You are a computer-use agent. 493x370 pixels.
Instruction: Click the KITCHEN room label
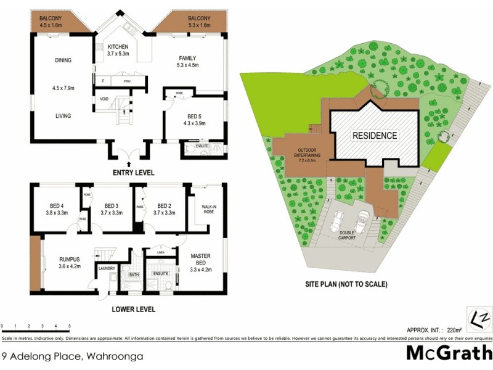pos(118,47)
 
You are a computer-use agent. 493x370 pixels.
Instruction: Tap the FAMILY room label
pos(187,58)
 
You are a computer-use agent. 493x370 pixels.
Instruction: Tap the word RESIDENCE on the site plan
pos(375,135)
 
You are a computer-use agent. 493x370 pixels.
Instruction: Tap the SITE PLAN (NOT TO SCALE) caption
pos(346,285)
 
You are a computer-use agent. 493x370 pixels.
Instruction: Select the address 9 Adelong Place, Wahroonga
pos(72,356)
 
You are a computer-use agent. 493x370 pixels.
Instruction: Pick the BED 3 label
pos(111,206)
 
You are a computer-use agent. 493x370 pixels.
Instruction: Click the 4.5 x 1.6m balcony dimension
pos(47,26)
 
